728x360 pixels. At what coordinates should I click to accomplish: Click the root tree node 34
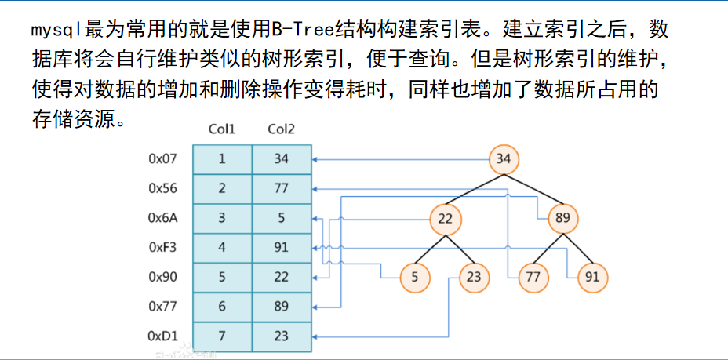[504, 159]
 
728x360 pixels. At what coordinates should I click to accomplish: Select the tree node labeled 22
[446, 218]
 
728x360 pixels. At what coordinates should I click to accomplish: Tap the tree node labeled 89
[562, 218]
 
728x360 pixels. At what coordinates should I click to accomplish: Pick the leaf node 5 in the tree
[415, 277]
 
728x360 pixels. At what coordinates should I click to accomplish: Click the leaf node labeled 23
[474, 277]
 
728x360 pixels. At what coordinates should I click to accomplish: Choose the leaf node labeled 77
[533, 277]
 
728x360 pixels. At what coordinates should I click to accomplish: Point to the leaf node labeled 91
[592, 277]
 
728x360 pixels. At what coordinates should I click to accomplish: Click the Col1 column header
[222, 129]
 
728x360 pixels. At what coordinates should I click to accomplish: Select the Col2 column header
[282, 129]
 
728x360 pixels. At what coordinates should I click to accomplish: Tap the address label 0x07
[163, 158]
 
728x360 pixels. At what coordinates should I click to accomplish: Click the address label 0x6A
[163, 218]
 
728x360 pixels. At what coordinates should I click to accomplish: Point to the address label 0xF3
[163, 247]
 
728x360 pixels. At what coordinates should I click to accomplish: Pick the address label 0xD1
[163, 336]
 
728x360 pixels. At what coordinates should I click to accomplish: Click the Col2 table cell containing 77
[282, 188]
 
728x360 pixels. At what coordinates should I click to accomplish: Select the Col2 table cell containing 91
[282, 247]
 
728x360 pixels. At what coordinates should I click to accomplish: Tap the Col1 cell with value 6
[222, 307]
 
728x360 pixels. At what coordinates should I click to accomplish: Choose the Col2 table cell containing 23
[282, 336]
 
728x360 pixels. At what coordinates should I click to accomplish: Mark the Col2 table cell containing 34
[282, 158]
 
